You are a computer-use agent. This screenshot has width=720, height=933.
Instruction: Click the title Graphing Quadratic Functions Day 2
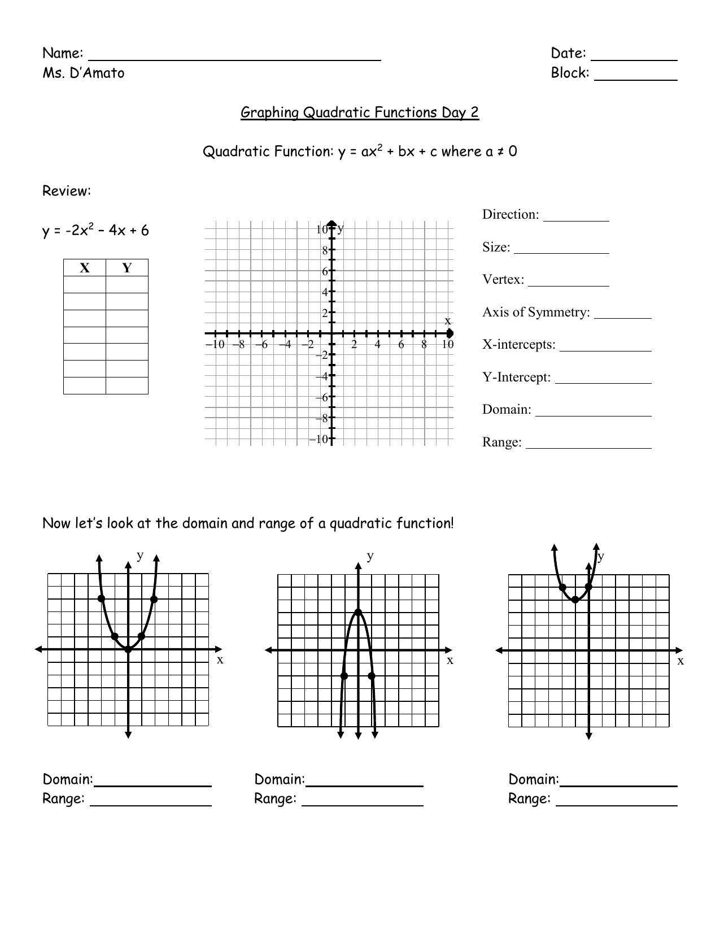[x=360, y=112]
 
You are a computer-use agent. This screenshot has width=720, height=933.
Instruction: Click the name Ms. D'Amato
[x=83, y=73]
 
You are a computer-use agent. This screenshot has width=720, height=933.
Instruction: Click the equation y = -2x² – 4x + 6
[x=95, y=231]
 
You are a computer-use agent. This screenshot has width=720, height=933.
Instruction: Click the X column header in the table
[x=84, y=268]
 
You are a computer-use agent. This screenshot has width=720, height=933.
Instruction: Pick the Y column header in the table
[x=126, y=268]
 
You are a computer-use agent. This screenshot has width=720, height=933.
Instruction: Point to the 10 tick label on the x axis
[x=447, y=344]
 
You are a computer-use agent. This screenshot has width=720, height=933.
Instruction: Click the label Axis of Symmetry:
[x=535, y=313]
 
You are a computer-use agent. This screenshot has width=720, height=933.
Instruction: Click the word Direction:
[x=510, y=215]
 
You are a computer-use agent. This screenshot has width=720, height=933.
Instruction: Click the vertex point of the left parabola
[x=128, y=649]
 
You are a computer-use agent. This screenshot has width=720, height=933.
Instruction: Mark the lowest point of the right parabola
[x=575, y=599]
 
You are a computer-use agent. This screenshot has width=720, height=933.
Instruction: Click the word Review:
[x=67, y=192]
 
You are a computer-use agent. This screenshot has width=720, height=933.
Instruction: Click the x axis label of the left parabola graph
[x=220, y=659]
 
